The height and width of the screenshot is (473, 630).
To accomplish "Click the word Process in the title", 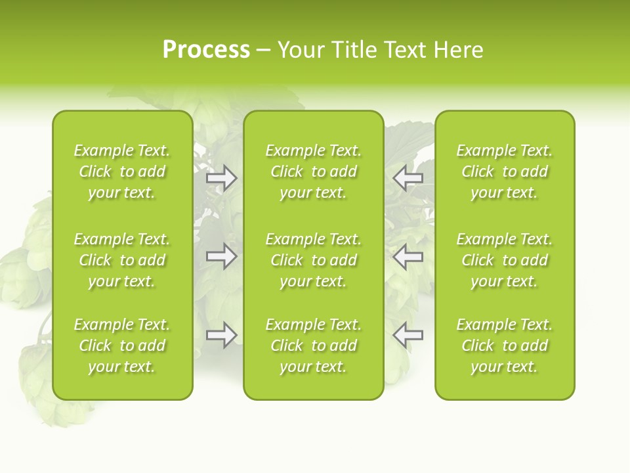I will [206, 50].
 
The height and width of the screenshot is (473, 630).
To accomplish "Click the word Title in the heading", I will [354, 50].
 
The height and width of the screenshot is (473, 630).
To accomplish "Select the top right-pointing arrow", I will [221, 178].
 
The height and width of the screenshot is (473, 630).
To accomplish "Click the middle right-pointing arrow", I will [221, 256].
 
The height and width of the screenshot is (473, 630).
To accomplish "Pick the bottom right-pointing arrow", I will [221, 335].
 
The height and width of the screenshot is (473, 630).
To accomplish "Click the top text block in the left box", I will [122, 171].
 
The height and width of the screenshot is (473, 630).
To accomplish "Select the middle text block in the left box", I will [122, 260].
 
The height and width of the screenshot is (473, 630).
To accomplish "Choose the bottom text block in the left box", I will [122, 346].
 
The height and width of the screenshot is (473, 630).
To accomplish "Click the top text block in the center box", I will [313, 171].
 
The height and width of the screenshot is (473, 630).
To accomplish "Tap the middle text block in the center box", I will [313, 260].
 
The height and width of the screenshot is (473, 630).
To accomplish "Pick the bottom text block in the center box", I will [313, 346].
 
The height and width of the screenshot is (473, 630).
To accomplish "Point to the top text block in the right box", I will [504, 171].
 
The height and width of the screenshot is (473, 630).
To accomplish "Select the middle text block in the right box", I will [504, 260].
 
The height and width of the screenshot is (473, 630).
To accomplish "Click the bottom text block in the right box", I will [504, 346].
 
